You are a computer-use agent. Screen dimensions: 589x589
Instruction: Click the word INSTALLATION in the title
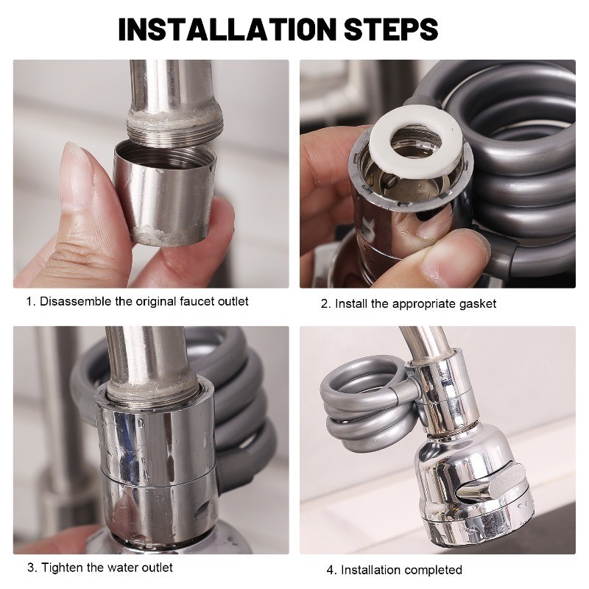pyautogui.click(x=227, y=29)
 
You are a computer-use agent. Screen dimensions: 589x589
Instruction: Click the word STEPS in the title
pyautogui.click(x=391, y=29)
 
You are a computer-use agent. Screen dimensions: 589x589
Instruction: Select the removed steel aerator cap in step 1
pyautogui.click(x=165, y=194)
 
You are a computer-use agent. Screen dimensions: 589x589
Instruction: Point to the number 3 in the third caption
pyautogui.click(x=31, y=568)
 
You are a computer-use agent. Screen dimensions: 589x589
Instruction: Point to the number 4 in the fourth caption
pyautogui.click(x=330, y=570)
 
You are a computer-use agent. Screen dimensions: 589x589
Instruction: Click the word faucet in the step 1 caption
pyautogui.click(x=193, y=301)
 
